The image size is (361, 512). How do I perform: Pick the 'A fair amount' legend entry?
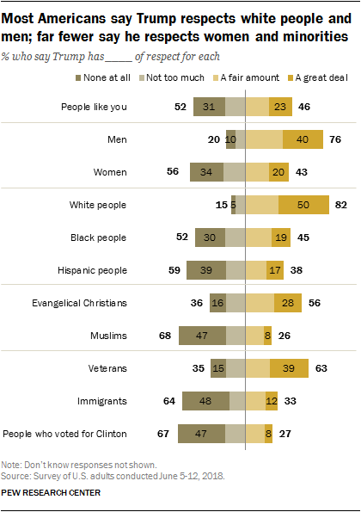tap(275, 77)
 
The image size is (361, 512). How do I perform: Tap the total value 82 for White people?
tap(342, 205)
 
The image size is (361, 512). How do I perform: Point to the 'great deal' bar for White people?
tap(304, 205)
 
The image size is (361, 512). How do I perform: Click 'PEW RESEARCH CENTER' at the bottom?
tap(52, 494)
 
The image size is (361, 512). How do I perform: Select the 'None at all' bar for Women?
tap(207, 172)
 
